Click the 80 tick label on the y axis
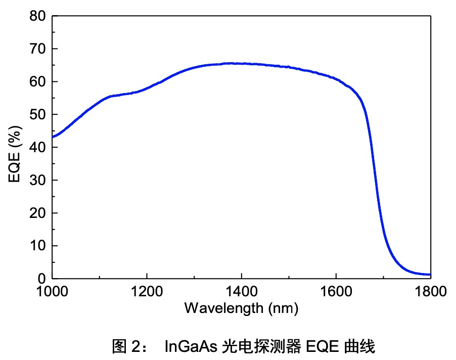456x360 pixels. coord(38,17)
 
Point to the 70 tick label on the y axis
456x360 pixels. coord(38,49)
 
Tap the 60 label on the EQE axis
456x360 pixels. coord(38,82)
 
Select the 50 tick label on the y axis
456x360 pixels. coord(38,115)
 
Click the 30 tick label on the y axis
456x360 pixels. coord(38,181)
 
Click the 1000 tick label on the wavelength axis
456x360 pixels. coord(52,292)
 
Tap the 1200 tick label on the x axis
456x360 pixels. coord(147,292)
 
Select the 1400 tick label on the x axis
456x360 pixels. coord(241,292)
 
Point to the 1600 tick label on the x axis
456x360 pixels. coord(336,292)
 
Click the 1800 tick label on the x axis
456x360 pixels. coord(430,292)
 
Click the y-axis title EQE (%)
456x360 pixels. coord(16,147)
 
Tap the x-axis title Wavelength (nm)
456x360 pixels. coord(241,307)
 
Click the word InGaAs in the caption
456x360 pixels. coord(191,347)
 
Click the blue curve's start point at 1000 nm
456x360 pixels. coord(53,137)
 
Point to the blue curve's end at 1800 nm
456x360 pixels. coord(430,275)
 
